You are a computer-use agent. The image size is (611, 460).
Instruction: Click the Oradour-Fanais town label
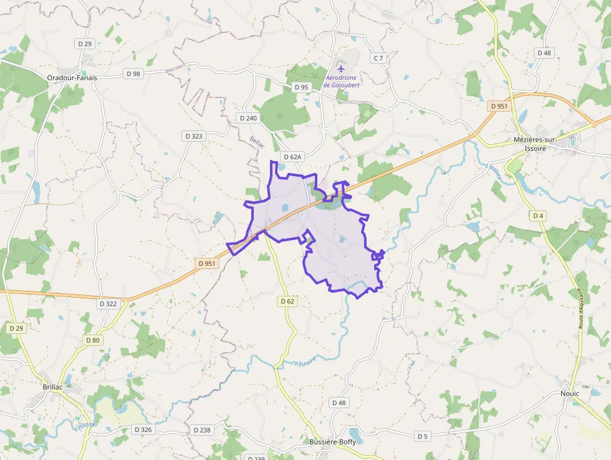(72, 78)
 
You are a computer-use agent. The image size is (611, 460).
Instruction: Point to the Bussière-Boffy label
(333, 442)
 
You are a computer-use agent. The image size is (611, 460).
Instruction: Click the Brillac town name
(53, 387)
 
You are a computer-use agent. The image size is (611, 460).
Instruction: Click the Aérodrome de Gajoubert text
(342, 81)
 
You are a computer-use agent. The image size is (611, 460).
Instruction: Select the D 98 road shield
(133, 74)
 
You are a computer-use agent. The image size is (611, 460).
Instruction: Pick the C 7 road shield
(378, 58)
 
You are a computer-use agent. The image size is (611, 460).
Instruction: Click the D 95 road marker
(301, 87)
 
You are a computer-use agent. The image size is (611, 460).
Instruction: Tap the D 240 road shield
(248, 118)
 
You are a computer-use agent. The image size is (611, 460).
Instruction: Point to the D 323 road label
(193, 135)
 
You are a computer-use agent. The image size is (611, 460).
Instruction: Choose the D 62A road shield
(292, 157)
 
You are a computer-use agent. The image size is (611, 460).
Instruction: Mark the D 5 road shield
(423, 436)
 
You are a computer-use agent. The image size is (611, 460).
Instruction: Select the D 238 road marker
(202, 430)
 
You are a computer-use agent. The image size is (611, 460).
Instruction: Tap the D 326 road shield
(143, 430)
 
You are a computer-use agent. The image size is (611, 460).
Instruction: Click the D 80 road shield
(92, 340)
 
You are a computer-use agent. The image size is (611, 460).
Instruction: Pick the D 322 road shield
(108, 303)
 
